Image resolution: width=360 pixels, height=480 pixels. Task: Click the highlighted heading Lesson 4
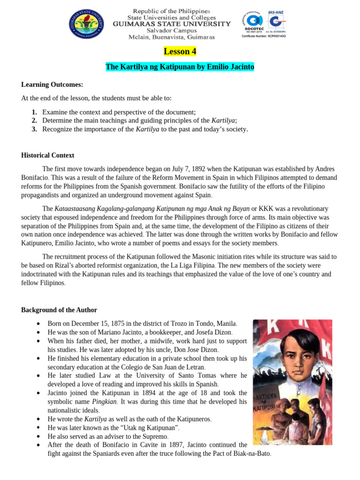tap(180, 51)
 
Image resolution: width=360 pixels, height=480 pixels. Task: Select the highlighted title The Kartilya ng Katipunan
tap(180, 67)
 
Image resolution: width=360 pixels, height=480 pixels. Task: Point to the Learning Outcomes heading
tap(52, 84)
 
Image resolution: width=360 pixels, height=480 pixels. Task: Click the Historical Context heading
tap(48, 156)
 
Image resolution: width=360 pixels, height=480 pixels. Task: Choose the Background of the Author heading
tap(59, 310)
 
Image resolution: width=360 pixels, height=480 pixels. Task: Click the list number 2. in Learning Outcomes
tap(34, 120)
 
